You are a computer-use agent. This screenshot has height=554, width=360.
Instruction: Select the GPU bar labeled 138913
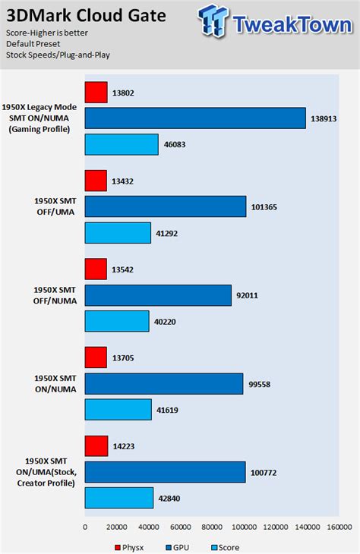click(x=195, y=118)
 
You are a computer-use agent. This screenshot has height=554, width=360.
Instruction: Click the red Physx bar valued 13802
click(x=96, y=93)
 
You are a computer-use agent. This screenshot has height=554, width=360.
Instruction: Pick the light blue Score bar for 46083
click(x=122, y=144)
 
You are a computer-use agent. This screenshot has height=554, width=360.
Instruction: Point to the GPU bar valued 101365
click(x=165, y=206)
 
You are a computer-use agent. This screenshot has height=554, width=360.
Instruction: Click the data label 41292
click(x=169, y=232)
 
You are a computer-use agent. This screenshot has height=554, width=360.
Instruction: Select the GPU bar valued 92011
click(x=158, y=295)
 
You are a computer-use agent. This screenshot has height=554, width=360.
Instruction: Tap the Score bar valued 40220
click(x=117, y=321)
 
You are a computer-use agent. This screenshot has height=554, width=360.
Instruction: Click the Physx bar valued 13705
click(x=96, y=357)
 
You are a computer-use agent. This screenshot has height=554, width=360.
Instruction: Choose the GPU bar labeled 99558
click(x=163, y=383)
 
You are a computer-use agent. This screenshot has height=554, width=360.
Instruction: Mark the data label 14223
click(x=125, y=446)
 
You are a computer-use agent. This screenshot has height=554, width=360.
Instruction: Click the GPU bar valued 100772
click(x=165, y=472)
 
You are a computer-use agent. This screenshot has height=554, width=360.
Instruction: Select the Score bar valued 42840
click(x=119, y=498)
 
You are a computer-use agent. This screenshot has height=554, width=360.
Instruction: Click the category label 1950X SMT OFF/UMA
click(x=52, y=206)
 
